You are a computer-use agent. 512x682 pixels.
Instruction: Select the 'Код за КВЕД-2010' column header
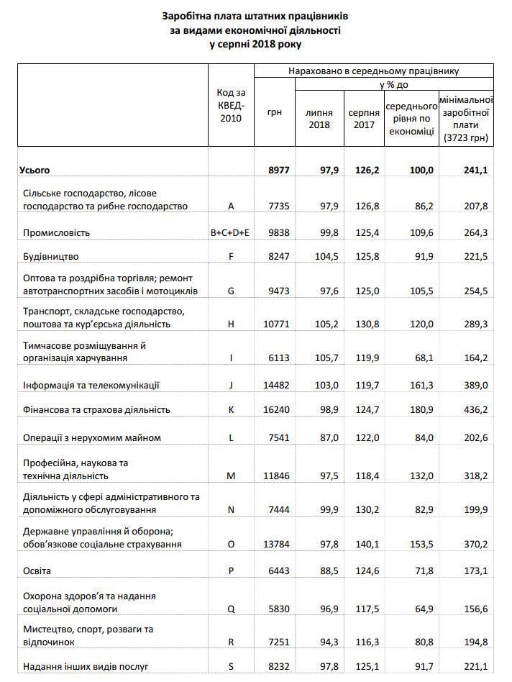(231, 105)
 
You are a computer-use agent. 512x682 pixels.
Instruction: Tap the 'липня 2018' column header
(319, 119)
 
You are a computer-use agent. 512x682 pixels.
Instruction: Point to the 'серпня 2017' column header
(365, 119)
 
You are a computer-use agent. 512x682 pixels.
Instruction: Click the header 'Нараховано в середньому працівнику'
(373, 72)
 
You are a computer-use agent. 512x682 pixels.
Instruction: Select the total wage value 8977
(278, 170)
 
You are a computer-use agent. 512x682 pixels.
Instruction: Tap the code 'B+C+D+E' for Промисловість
(231, 233)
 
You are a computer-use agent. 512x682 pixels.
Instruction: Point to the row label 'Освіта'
(37, 570)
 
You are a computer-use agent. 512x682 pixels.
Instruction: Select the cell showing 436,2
(475, 409)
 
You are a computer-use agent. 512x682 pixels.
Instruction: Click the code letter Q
(231, 608)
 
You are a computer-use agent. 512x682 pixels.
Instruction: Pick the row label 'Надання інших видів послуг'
(86, 667)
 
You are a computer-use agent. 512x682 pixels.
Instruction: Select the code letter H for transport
(231, 324)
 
